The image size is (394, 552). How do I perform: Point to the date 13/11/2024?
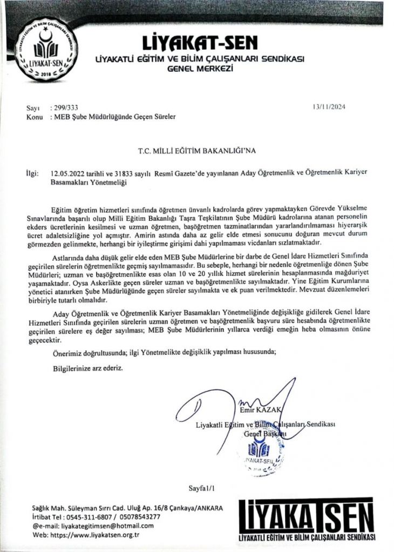(328, 107)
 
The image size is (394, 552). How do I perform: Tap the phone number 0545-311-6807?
(89, 516)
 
